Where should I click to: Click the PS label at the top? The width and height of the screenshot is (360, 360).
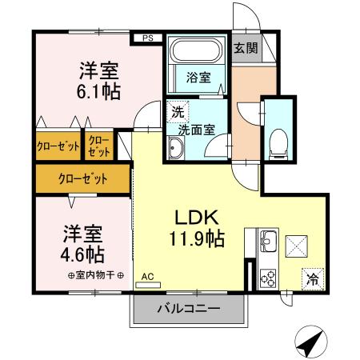tap(147, 37)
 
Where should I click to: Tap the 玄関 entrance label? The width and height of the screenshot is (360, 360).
tap(246, 47)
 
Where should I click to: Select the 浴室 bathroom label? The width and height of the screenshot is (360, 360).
tap(199, 78)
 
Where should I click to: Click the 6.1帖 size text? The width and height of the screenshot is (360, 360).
tap(99, 92)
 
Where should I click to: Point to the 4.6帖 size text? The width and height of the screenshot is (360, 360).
tap(84, 254)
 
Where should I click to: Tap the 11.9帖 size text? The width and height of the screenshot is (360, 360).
tap(195, 238)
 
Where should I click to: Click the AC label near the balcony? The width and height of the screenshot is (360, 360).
tap(147, 278)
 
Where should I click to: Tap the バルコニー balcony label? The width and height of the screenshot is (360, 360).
tap(189, 308)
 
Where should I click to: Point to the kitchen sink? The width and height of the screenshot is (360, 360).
tap(268, 239)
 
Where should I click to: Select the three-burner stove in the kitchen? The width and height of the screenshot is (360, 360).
tap(267, 277)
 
